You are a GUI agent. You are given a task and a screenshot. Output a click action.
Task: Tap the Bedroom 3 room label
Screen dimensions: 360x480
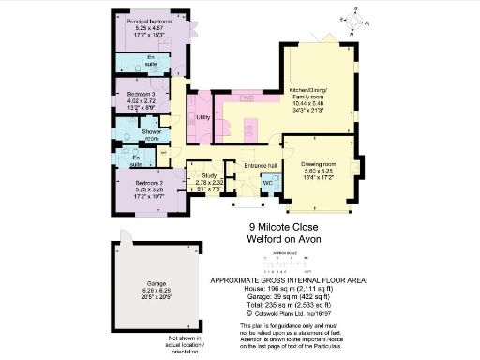coord(129,96)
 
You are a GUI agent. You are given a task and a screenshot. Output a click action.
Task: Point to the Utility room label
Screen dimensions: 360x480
coord(202,117)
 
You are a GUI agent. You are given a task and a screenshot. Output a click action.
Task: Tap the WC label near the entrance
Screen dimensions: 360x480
coord(268,181)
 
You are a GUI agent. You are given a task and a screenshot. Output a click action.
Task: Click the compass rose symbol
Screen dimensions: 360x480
coord(357,15)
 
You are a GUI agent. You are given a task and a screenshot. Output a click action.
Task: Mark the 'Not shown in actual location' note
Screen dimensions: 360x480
coord(186,344)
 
